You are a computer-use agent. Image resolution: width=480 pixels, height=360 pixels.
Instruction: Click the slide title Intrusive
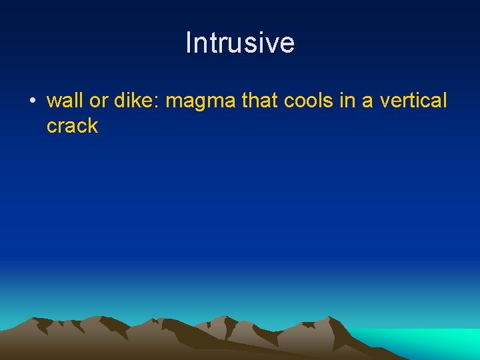click(x=240, y=43)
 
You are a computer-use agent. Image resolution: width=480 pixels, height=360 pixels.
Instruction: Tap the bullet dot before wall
click(x=31, y=102)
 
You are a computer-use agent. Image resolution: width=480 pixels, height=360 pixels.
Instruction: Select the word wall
click(x=64, y=101)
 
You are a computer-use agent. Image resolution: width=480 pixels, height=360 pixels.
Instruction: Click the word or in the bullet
click(x=97, y=101)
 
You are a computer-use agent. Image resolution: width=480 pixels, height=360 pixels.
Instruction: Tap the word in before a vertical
click(x=346, y=101)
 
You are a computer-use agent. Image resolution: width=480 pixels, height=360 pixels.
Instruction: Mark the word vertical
click(x=413, y=101)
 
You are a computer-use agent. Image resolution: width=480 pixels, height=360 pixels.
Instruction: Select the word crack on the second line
click(x=72, y=126)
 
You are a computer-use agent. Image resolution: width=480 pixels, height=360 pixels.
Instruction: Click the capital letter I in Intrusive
click(x=189, y=43)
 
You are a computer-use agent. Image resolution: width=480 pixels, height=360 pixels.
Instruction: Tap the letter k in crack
click(x=93, y=126)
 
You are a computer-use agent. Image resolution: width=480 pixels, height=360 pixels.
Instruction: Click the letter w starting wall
click(x=54, y=102)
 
